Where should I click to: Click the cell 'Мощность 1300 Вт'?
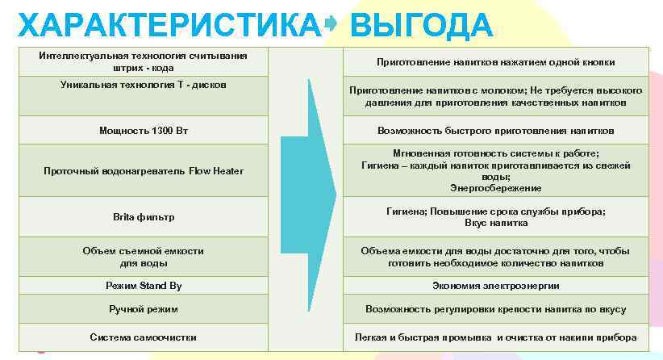144,130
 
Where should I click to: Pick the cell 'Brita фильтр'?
144,217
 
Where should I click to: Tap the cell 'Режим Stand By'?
144,286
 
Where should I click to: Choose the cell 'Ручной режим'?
144,309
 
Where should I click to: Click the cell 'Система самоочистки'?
144,337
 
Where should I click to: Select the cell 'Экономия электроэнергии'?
495,286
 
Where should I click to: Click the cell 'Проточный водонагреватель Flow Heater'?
144,171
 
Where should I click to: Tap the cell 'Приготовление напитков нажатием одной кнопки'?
495,62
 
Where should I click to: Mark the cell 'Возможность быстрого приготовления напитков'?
495,130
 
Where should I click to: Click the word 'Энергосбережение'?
495,188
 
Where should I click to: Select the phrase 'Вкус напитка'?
495,223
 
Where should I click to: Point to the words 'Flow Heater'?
216,171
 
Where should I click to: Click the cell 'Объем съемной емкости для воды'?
144,257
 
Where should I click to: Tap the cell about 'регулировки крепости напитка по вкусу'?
495,309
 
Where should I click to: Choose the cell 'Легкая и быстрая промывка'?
495,337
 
